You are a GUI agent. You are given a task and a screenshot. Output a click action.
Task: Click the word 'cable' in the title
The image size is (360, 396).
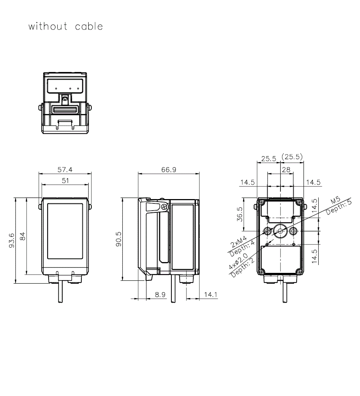coord(89,26)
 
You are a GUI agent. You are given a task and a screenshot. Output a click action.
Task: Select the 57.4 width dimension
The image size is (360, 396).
coord(65,169)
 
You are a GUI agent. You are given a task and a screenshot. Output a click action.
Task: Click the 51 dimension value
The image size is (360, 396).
coord(65,181)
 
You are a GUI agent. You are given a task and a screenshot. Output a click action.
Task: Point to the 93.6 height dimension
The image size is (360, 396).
coord(11,240)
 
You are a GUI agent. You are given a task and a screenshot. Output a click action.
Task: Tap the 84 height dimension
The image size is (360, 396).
coord(22,236)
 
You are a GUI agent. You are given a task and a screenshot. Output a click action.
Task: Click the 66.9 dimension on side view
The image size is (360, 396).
coord(168,170)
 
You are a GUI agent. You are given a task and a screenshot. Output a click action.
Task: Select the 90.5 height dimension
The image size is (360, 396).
coord(118,239)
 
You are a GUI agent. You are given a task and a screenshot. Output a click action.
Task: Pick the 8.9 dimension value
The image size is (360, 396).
coord(160,294)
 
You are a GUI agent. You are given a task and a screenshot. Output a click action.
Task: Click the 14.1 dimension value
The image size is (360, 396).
coord(211,294)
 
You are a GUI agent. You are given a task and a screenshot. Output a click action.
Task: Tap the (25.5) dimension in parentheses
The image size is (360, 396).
coord(292,157)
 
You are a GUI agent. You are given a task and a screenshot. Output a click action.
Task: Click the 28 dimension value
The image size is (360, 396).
coord(286,170)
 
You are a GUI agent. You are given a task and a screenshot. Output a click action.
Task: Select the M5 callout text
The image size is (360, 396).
coord(336,200)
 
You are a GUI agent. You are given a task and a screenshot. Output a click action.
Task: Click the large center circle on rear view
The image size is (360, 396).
coord(280,230)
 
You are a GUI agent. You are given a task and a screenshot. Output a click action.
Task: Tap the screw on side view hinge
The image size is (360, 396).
coord(165,207)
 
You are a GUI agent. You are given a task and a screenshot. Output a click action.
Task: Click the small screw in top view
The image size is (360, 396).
coord(65,98)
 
